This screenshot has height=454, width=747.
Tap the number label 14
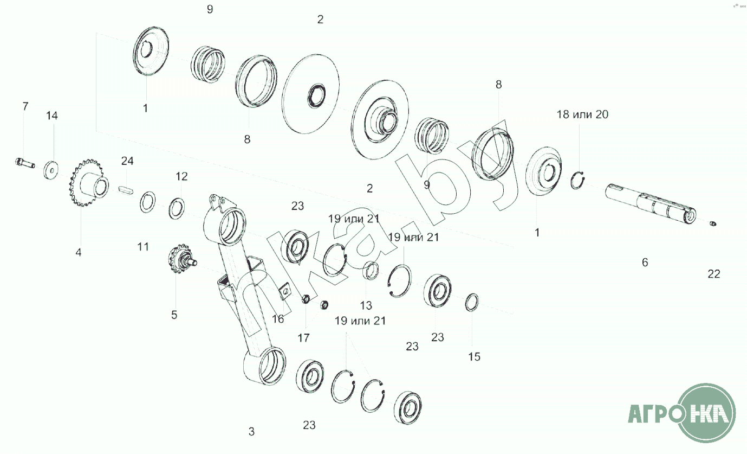52,116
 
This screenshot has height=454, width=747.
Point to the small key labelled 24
126,190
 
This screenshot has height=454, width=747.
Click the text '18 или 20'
582,114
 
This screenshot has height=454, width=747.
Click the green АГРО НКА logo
683,413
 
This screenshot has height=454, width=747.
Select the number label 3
251,432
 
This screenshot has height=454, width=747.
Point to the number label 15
474,357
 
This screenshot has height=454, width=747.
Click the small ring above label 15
472,303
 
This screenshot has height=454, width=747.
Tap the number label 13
366,305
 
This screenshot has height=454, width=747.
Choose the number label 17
303,338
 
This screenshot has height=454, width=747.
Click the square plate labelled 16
284,291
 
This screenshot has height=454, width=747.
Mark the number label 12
182,176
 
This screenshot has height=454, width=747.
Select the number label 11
143,247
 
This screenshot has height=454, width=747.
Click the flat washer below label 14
51,170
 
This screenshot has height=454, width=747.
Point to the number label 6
645,263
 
